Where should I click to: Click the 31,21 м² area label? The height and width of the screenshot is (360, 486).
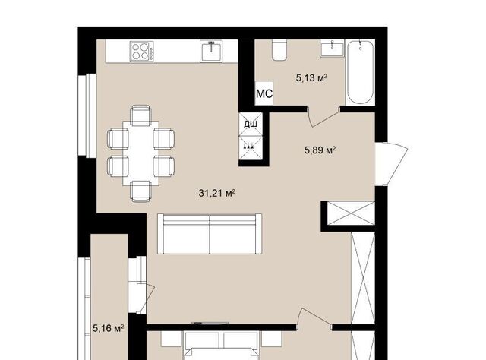(x=216, y=193)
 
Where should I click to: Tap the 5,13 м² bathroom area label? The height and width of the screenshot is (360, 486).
(x=311, y=77)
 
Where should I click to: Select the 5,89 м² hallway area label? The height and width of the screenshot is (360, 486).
(x=320, y=150)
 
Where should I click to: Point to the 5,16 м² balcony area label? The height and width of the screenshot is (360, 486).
(x=109, y=328)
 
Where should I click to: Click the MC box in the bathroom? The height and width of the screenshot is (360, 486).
(x=264, y=93)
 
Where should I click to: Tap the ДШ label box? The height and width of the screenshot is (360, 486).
(x=251, y=125)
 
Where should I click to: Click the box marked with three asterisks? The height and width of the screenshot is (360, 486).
(x=251, y=148)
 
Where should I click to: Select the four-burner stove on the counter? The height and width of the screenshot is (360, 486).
(x=142, y=51)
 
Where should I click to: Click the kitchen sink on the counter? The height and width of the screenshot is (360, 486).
(x=211, y=51)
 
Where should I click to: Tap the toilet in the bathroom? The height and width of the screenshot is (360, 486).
(x=279, y=49)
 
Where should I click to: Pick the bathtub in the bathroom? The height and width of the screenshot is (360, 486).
(x=360, y=72)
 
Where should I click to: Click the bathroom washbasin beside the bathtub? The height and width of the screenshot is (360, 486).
(x=333, y=48)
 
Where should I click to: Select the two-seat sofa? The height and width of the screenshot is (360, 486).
(x=210, y=234)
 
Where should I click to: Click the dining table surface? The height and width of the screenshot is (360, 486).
(x=141, y=153)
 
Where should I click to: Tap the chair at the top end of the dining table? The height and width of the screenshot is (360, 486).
(x=141, y=115)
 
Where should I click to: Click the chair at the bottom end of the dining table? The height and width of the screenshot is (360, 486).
(x=141, y=191)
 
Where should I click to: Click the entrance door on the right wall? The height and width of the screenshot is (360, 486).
(x=391, y=164)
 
